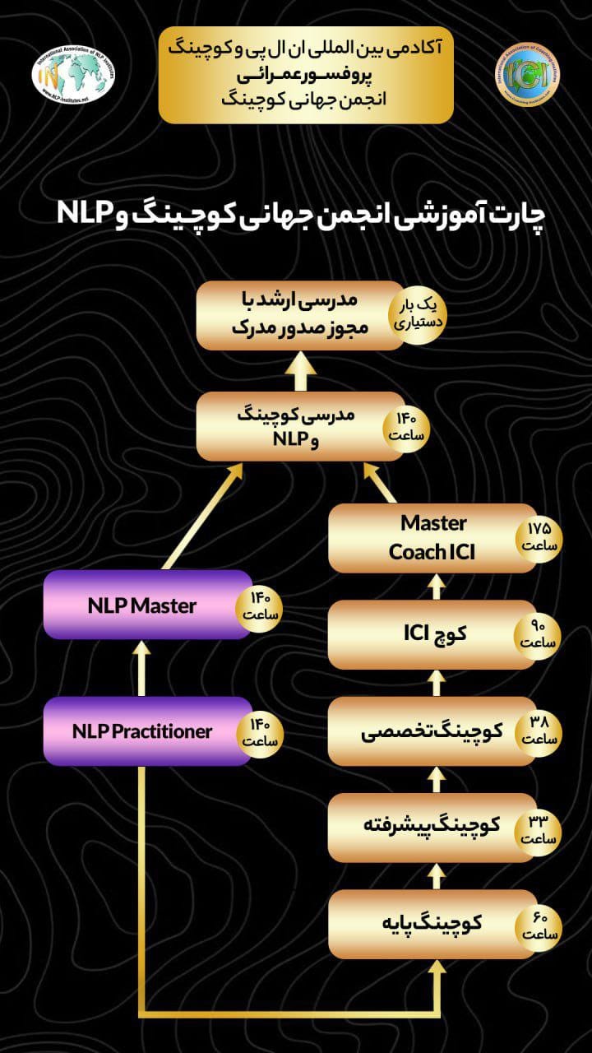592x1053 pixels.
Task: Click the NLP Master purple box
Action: pyautogui.click(x=144, y=605)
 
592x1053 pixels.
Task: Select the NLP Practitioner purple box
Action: pyautogui.click(x=144, y=731)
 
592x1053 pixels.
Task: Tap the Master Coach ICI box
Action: pyautogui.click(x=428, y=538)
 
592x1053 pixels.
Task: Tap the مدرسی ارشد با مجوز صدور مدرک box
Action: pyautogui.click(x=296, y=315)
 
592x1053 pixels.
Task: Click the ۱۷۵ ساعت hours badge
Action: pyautogui.click(x=539, y=537)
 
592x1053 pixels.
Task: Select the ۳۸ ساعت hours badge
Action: pyautogui.click(x=539, y=731)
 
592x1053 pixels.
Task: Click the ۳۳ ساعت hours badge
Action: pyautogui.click(x=539, y=828)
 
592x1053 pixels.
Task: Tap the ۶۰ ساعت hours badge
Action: pyautogui.click(x=539, y=925)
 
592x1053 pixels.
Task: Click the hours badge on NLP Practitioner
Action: pyautogui.click(x=261, y=731)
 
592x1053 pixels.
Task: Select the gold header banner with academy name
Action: pyautogui.click(x=306, y=74)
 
